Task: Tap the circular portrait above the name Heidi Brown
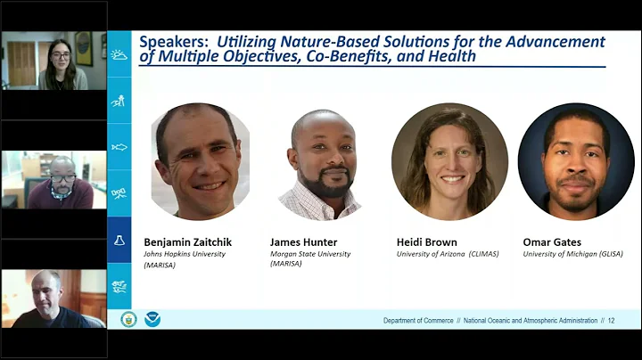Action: (x=449, y=161)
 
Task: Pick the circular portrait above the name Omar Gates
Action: (x=576, y=161)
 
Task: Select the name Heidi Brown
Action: (x=427, y=241)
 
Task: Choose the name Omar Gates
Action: (x=552, y=241)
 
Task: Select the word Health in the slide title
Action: (x=449, y=56)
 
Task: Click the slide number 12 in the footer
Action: (x=611, y=321)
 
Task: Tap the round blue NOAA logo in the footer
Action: (x=152, y=319)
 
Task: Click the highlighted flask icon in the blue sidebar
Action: (x=119, y=241)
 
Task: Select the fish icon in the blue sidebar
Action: (x=119, y=147)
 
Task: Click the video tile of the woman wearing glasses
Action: (x=53, y=61)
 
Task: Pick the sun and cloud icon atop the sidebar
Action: (x=119, y=54)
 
